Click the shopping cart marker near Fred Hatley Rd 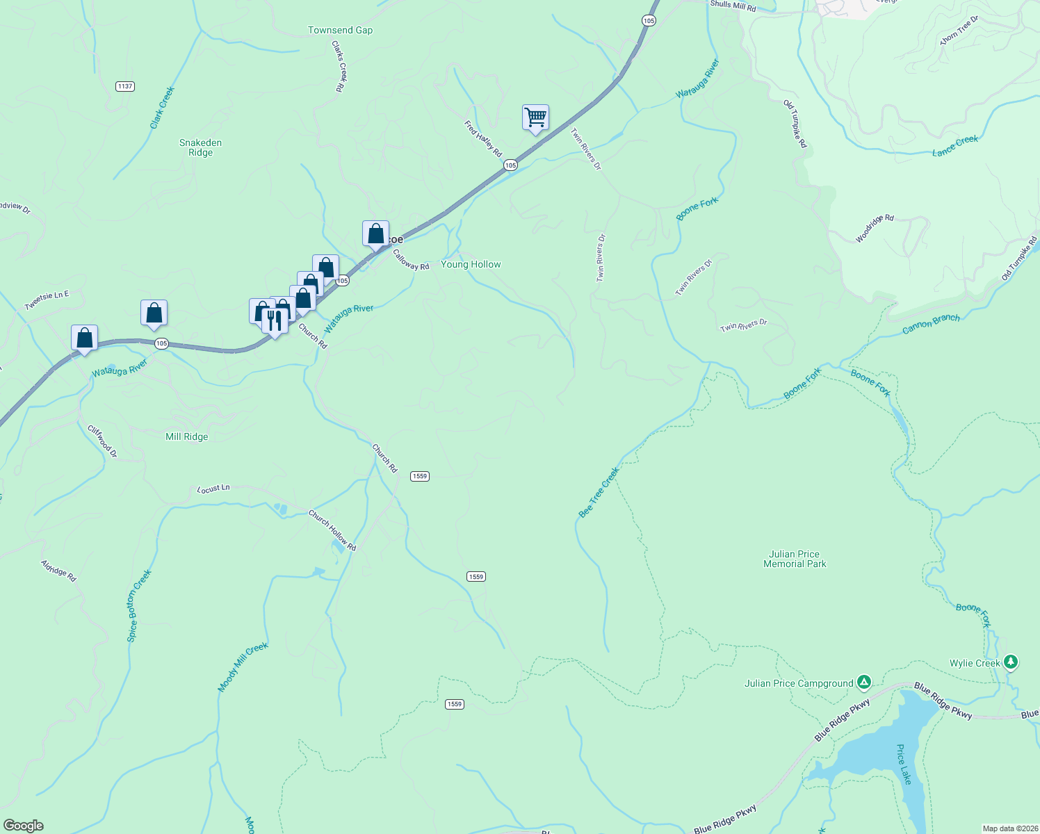(535, 117)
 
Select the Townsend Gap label (341, 31)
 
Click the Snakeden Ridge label (200, 147)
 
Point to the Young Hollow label (471, 265)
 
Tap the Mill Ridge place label (186, 437)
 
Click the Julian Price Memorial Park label (795, 559)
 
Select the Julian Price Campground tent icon (863, 682)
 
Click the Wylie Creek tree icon (1011, 662)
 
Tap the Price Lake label (903, 764)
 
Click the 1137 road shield (125, 86)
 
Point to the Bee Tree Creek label (599, 493)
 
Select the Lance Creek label (955, 145)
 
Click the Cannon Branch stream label (931, 324)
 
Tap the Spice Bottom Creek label (139, 605)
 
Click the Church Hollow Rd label (332, 531)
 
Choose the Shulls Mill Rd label (733, 6)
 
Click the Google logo (23, 826)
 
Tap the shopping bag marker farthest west (84, 338)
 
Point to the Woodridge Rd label (874, 228)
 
